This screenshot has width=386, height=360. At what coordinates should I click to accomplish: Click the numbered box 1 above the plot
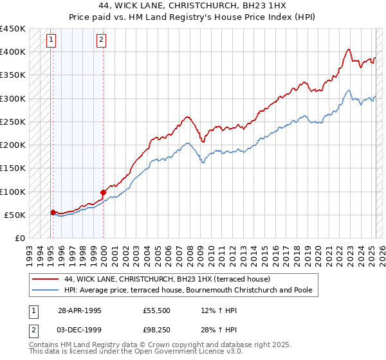point(51,40)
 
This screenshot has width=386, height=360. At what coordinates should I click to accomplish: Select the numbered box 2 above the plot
point(102,40)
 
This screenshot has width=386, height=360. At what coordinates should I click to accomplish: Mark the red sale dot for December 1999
point(103,192)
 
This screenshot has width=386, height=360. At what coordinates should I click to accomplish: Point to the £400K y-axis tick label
point(12,51)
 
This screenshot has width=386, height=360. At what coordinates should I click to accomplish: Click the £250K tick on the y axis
point(12,122)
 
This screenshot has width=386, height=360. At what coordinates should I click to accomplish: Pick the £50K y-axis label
point(15,215)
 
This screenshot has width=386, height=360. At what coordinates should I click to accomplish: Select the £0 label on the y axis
point(20,238)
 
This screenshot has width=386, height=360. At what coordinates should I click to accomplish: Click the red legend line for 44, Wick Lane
point(45,279)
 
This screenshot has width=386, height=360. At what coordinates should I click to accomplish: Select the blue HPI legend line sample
point(45,291)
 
